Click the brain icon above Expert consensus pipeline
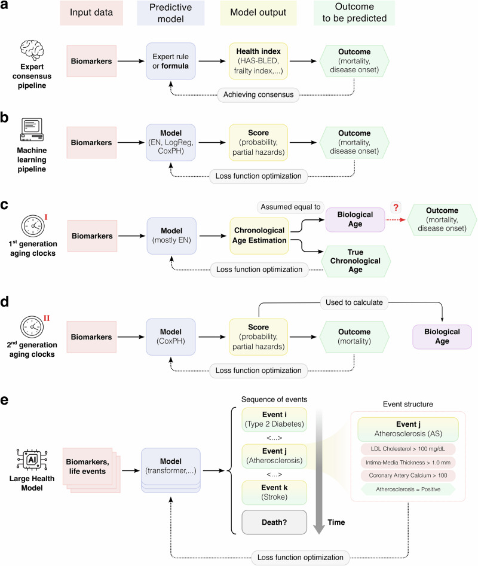click(x=32, y=50)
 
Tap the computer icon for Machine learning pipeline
click(x=32, y=129)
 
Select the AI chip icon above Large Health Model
click(x=32, y=460)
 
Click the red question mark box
click(x=396, y=207)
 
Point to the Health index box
click(x=258, y=61)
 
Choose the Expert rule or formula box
click(x=171, y=61)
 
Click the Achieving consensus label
click(x=258, y=94)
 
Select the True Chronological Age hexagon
click(x=356, y=261)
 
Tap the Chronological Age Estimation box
click(x=259, y=235)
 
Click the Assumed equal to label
click(x=290, y=207)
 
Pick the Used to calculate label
click(x=354, y=302)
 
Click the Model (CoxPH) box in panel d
click(x=171, y=336)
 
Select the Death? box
click(x=274, y=522)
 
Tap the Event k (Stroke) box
click(x=274, y=492)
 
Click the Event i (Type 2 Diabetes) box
click(x=274, y=420)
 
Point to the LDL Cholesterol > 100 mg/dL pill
click(x=408, y=449)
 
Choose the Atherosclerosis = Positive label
click(x=408, y=489)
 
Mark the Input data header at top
click(x=91, y=13)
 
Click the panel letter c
click(x=4, y=204)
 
